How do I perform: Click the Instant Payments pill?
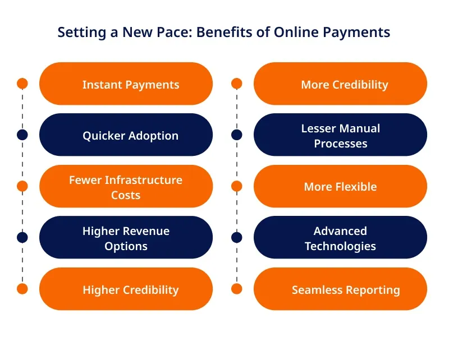tap(126, 84)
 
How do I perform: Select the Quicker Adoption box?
tap(126, 135)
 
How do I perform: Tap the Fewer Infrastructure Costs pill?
tap(126, 186)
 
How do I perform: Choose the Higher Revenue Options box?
tap(126, 238)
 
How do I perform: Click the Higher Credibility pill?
tap(126, 289)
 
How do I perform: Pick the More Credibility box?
tap(341, 84)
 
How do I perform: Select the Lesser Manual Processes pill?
tap(341, 135)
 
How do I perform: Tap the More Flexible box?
tap(341, 186)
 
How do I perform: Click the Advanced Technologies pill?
tap(341, 238)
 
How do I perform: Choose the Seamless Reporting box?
tap(341, 289)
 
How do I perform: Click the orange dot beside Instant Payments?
tap(22, 84)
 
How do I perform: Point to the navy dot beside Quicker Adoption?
tap(22, 135)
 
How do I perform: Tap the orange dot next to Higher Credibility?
tap(22, 289)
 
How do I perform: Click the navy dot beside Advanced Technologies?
tap(236, 238)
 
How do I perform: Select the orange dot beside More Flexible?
tap(236, 186)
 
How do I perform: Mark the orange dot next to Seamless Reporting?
tap(236, 289)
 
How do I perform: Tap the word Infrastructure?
tap(144, 180)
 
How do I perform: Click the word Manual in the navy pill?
tap(360, 128)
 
